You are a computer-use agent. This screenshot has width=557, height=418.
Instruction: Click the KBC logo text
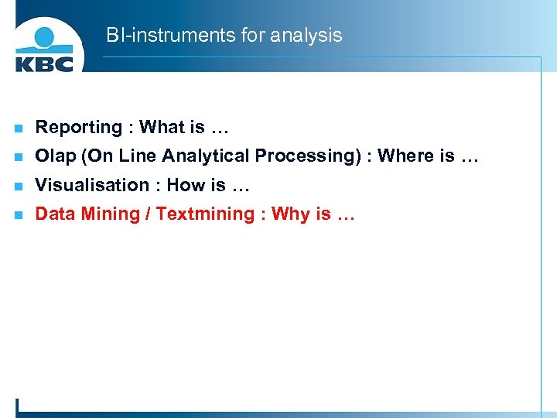point(44,62)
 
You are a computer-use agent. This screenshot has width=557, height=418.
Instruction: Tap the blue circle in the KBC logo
point(46,36)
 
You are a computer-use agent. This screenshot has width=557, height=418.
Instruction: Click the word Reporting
point(79,128)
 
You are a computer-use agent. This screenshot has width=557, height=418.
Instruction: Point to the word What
point(162,127)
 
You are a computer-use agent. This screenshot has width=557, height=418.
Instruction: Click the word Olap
point(56,156)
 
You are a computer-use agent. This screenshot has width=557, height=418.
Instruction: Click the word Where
point(406,156)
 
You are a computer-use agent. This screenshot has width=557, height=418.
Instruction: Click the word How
point(185,185)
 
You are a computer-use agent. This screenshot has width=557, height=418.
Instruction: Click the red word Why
point(290,214)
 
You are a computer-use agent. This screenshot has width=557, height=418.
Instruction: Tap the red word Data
point(53,214)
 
